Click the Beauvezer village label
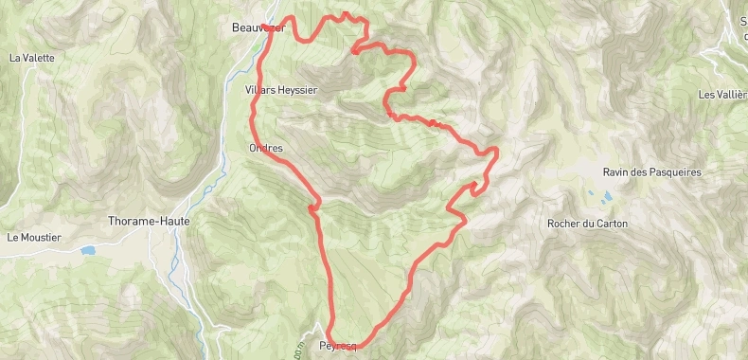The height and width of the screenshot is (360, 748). (258, 27)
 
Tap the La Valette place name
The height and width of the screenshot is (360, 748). (31, 58)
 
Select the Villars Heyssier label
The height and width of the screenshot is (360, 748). (280, 90)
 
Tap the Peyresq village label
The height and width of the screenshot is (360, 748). (339, 346)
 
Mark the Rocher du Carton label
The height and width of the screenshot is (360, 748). (587, 224)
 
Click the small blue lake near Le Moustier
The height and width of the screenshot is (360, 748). (88, 251)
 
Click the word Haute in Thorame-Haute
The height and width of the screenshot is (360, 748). (173, 221)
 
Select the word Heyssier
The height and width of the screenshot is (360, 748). (295, 90)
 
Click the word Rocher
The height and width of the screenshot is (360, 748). (563, 224)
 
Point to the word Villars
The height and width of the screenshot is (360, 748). (258, 90)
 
